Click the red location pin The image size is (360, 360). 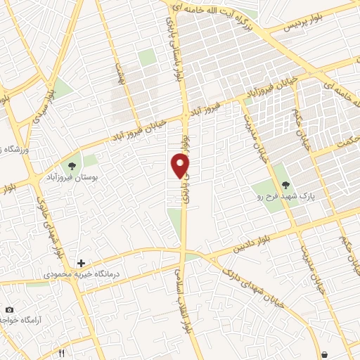tap(181, 165)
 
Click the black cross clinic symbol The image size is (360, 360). tap(81, 263)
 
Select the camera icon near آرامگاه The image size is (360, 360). tap(9, 309)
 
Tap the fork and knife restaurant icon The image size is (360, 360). tap(62, 352)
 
